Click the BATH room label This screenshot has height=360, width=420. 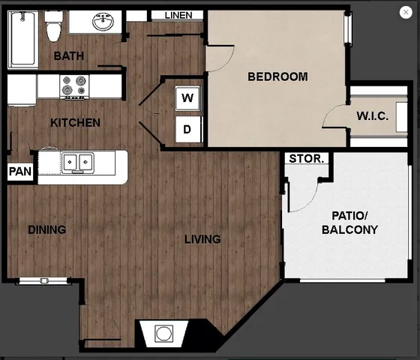tap(68, 56)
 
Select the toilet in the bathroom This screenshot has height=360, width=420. tap(53, 29)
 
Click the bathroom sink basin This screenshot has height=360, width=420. tap(103, 22)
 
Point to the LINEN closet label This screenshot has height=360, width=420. tap(177, 15)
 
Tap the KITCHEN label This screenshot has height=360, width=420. tap(75, 122)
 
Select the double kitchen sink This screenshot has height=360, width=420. tap(76, 161)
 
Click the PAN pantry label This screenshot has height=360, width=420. tap(19, 172)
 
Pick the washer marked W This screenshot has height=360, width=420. tap(187, 97)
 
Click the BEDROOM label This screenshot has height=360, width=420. tap(277, 76)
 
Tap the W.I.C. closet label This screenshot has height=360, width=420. tap(371, 116)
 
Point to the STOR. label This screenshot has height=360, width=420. tap(307, 159)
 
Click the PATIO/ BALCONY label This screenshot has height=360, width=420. tap(349, 223)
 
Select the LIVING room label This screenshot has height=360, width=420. tap(202, 239)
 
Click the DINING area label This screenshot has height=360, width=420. tap(46, 229)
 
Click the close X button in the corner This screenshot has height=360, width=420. tap(406, 12)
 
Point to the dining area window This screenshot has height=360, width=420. tap(43, 280)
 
